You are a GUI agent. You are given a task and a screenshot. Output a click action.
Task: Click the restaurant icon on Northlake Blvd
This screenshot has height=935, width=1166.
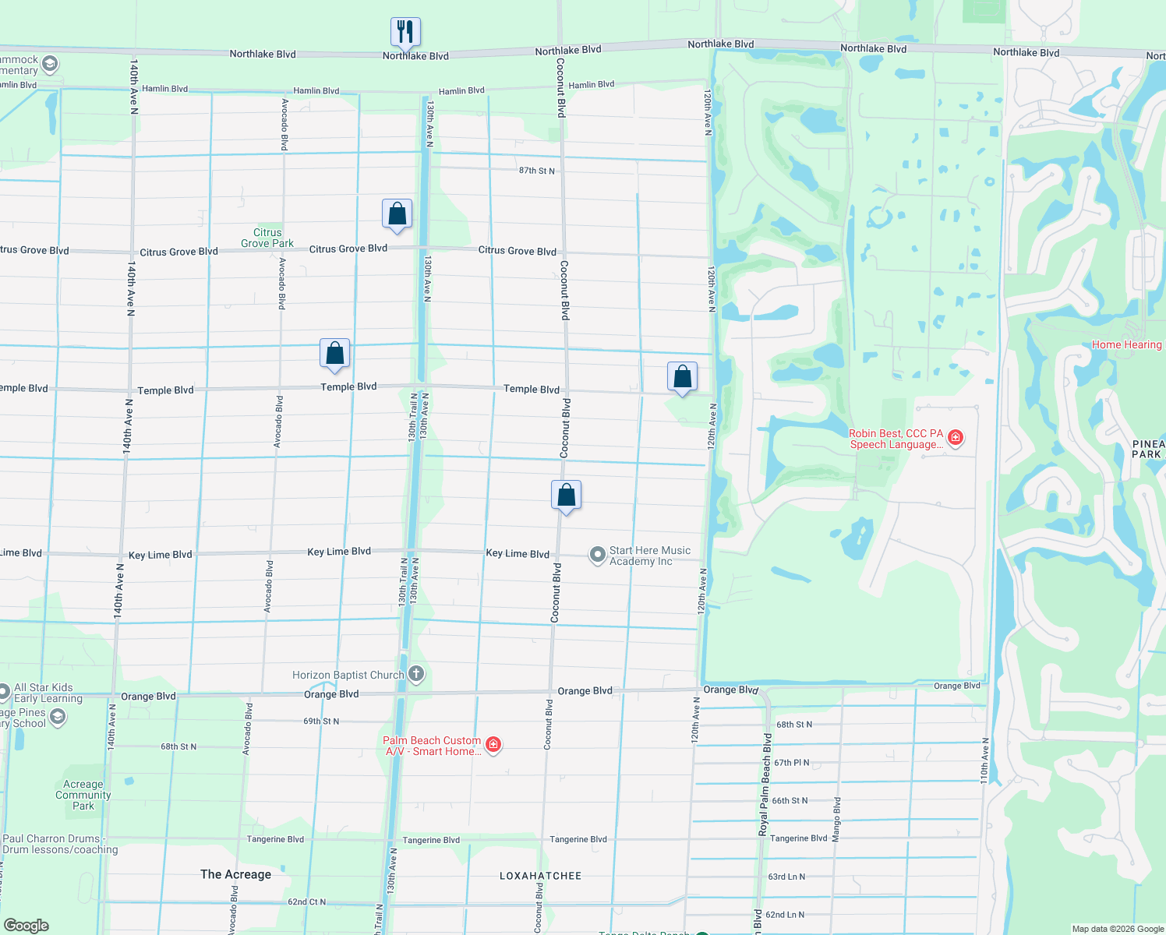click(405, 32)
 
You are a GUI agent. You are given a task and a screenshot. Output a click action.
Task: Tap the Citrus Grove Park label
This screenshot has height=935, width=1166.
click(267, 238)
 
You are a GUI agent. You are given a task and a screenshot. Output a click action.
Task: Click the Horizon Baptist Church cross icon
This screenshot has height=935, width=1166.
click(416, 674)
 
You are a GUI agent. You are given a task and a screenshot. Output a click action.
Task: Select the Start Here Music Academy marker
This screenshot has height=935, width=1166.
click(597, 555)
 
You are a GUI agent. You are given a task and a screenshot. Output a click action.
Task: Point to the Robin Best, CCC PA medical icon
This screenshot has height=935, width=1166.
click(955, 438)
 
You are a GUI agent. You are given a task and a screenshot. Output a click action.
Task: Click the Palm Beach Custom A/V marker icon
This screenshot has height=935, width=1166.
click(493, 745)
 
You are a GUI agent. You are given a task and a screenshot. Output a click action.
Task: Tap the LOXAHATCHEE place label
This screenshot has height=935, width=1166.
click(540, 876)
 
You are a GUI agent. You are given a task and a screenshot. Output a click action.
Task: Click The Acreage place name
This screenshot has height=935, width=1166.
click(235, 874)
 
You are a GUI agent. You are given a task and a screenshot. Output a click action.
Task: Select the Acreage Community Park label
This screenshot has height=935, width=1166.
click(83, 796)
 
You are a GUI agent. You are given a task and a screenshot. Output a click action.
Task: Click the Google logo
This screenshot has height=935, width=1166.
click(26, 926)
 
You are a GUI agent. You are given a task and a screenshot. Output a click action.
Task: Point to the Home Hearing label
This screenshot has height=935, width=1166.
click(1126, 344)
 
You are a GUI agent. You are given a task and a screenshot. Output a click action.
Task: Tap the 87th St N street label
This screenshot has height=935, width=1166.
click(537, 171)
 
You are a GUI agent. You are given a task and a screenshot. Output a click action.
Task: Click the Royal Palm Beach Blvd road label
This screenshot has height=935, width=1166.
click(765, 785)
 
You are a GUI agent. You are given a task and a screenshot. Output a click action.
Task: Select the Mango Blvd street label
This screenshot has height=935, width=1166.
click(836, 819)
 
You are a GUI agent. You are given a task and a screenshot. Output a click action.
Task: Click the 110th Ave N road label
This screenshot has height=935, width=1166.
click(985, 760)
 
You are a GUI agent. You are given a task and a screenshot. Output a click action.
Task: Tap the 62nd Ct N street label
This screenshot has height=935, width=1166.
click(307, 901)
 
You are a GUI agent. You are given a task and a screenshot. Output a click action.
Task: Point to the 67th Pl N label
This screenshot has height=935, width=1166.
click(791, 763)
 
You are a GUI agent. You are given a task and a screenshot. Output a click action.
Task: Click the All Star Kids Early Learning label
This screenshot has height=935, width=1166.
click(48, 693)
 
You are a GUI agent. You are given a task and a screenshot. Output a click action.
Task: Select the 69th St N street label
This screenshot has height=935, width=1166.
click(321, 722)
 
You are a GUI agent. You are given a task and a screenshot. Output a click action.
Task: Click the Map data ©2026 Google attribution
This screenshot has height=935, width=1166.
click(1118, 929)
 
